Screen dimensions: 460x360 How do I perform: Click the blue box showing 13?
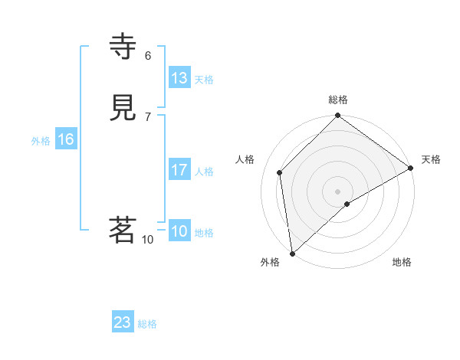(x=179, y=78)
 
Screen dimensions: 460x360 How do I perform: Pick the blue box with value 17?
(x=179, y=170)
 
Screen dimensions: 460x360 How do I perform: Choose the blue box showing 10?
(x=179, y=231)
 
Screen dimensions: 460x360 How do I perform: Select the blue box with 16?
(x=65, y=139)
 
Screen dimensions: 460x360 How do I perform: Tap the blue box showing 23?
(x=123, y=322)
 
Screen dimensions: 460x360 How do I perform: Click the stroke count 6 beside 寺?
(x=148, y=55)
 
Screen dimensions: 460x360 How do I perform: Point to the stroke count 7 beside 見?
(x=148, y=116)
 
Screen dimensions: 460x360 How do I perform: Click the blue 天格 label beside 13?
(x=204, y=80)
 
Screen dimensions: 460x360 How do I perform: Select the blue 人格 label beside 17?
(x=204, y=172)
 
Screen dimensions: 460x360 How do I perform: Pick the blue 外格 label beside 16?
(x=41, y=141)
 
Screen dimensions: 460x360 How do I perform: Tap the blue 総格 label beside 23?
(x=147, y=324)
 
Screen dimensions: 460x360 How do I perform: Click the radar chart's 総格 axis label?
(x=338, y=100)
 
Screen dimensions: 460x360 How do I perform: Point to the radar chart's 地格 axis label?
(x=402, y=262)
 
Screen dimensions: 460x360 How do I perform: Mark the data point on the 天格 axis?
(x=411, y=168)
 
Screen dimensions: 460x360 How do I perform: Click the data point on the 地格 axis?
(x=347, y=204)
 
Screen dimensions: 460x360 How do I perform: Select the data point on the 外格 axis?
(x=292, y=254)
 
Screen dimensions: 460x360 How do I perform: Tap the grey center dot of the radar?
(x=338, y=191)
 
